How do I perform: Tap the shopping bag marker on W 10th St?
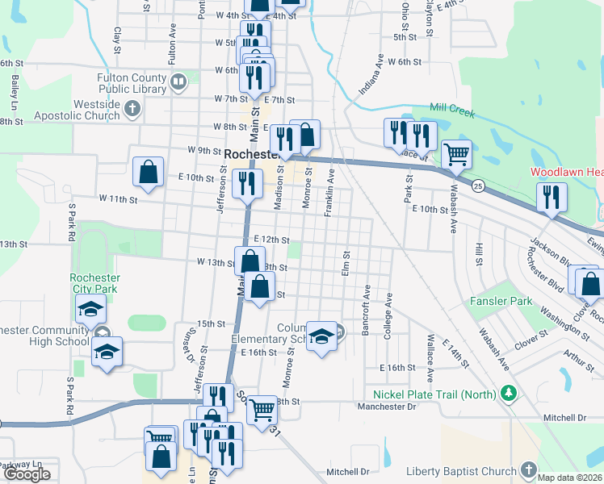click(148, 171)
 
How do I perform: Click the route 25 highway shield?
click(478, 186)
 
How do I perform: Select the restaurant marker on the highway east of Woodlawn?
click(551, 196)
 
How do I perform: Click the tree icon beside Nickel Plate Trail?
click(508, 394)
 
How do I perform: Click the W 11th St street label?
click(119, 198)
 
